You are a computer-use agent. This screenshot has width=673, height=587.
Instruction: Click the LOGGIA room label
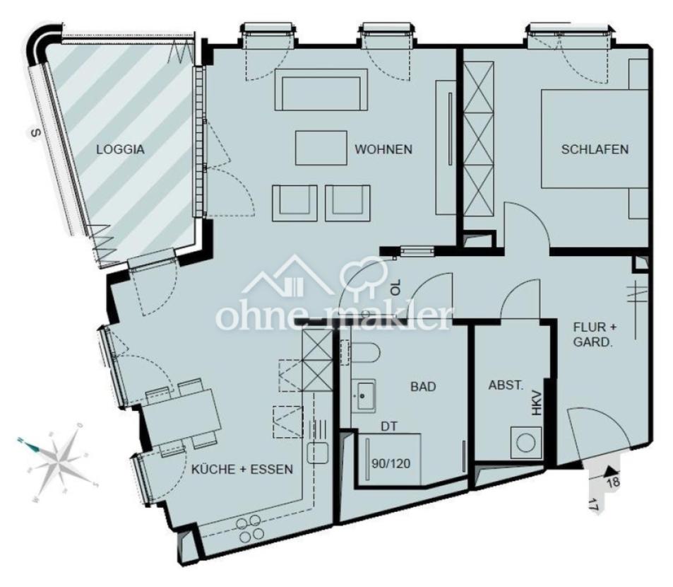120,149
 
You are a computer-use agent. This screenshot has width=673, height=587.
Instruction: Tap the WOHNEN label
383,149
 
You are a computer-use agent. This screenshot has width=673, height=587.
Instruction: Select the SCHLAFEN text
595,149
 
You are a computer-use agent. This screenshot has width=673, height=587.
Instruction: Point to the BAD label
423,387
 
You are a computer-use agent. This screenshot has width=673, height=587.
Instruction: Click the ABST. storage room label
506,385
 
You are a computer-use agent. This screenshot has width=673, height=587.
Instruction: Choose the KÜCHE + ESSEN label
242,470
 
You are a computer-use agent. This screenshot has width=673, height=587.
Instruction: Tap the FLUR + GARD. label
595,335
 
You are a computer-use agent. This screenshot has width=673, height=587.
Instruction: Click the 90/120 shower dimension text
391,464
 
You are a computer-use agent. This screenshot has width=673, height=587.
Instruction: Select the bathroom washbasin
364,395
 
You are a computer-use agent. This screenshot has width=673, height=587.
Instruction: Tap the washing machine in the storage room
526,443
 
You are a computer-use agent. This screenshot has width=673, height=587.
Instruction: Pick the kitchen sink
318,453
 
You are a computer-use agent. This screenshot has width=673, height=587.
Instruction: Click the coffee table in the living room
321,148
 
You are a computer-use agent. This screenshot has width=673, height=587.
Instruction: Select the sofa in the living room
321,90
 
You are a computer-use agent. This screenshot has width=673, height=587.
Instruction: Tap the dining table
181,414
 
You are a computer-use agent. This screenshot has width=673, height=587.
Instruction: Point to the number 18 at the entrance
613,482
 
